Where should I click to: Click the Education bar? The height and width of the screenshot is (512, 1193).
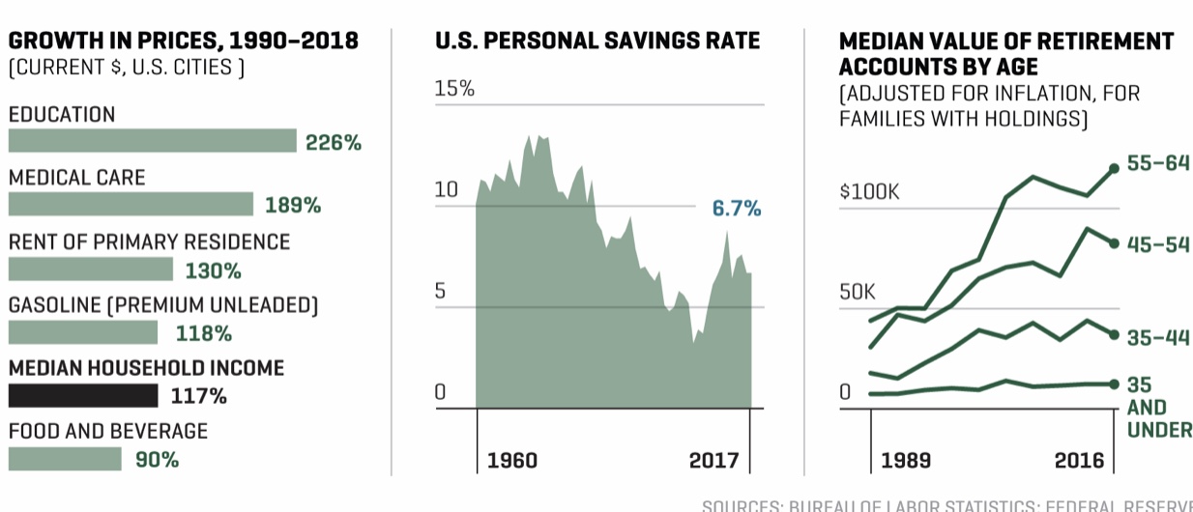point(152,141)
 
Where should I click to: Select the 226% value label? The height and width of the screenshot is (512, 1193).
point(333,143)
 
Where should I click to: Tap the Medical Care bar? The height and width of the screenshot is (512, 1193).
point(131,205)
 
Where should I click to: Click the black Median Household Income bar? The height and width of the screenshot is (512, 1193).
point(83,396)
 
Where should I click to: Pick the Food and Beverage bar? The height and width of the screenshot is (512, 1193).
point(65,460)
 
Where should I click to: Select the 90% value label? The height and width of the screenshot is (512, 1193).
point(157,460)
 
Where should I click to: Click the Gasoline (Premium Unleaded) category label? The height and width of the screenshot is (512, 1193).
point(163,305)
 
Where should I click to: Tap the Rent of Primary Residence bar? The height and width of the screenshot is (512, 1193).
point(91,270)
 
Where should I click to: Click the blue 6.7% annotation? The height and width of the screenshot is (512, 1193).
point(737,209)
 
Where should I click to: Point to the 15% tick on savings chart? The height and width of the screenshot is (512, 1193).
point(454,90)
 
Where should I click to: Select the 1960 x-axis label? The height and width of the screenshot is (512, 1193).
point(512,460)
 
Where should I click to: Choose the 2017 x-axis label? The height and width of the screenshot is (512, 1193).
point(714,460)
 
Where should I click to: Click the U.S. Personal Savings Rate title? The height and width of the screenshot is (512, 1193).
point(597,42)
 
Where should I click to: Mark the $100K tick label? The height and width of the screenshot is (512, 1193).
point(869,191)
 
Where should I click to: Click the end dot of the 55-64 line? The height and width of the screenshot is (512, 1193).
point(1114,168)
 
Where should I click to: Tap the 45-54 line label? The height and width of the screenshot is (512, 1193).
point(1158,244)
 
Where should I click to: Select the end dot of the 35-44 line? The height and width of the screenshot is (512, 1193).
point(1114,334)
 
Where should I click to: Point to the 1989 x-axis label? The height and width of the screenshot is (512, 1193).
point(906,460)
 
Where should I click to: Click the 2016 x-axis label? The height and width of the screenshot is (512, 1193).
point(1078,460)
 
